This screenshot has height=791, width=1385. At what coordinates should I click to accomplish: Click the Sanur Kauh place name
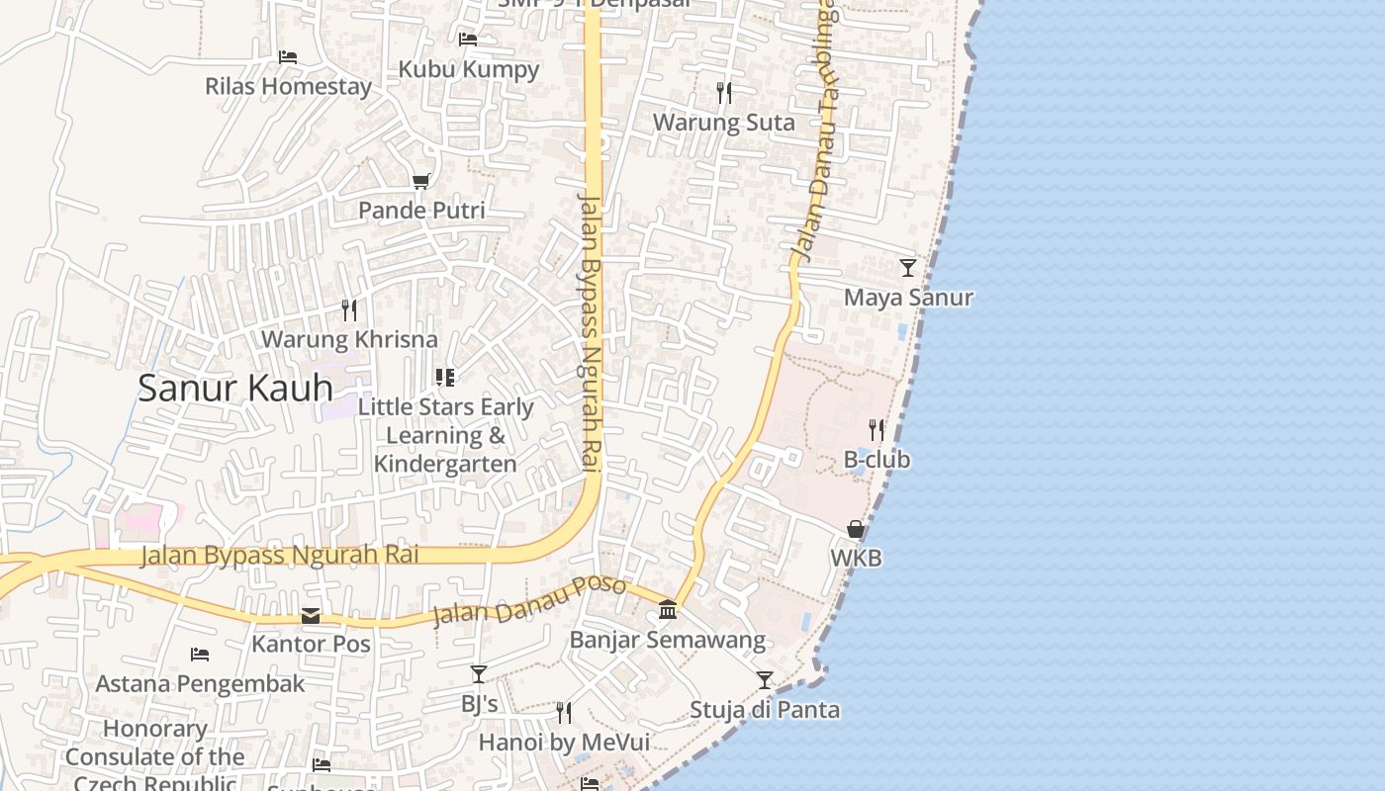click(x=235, y=388)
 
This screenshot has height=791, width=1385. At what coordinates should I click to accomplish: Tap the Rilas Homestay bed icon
click(x=288, y=57)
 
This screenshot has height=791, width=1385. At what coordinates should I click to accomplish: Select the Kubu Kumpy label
click(x=469, y=69)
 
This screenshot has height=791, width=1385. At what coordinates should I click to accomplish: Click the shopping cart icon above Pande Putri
click(x=421, y=181)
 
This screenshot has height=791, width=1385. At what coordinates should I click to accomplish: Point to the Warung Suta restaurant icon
click(x=724, y=93)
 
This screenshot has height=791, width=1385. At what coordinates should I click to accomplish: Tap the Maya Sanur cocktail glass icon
click(x=907, y=268)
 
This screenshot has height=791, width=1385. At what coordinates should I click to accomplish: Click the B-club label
click(x=877, y=460)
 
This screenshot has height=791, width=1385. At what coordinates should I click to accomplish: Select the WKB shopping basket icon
click(x=856, y=530)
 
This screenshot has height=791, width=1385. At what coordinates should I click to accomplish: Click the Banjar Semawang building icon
click(x=668, y=610)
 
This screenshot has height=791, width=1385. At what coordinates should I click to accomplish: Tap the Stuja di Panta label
click(x=765, y=710)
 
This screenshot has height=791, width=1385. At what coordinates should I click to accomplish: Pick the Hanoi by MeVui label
click(x=564, y=742)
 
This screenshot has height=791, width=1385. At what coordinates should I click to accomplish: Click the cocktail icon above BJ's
click(x=479, y=674)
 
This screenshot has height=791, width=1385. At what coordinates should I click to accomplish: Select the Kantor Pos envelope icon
click(x=311, y=616)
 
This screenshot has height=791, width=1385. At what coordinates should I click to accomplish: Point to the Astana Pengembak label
click(x=201, y=683)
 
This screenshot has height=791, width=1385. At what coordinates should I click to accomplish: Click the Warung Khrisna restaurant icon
click(x=349, y=310)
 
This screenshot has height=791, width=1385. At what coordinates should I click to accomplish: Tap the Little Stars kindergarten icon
click(x=445, y=378)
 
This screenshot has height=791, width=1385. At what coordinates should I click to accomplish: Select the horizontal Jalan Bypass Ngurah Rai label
click(x=280, y=555)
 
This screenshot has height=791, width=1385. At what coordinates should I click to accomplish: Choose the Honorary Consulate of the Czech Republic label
click(x=155, y=756)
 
